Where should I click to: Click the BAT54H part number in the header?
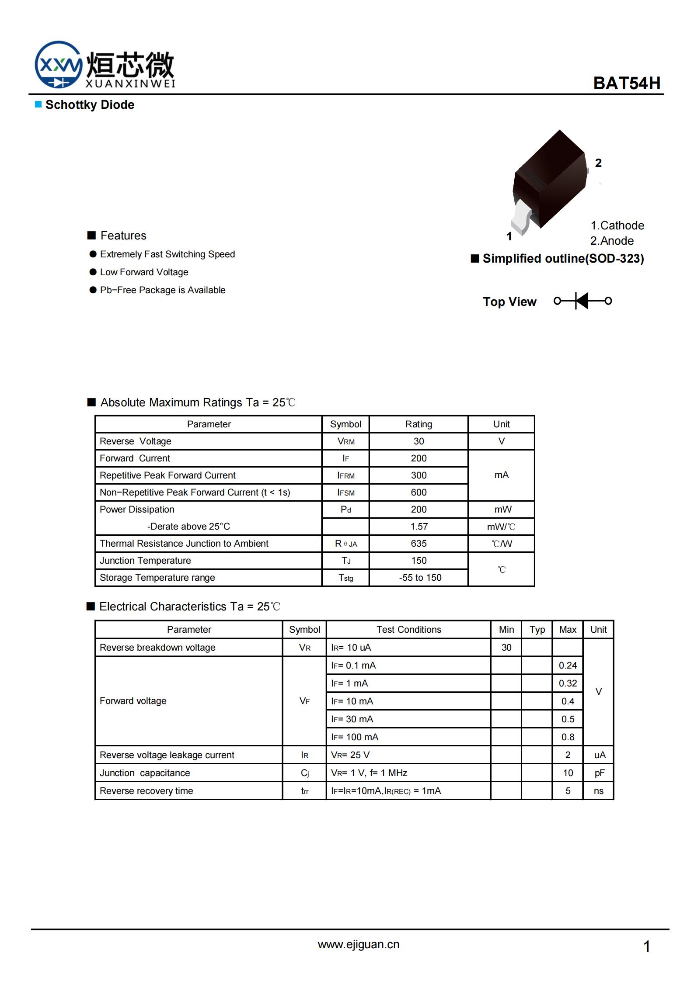coord(626,83)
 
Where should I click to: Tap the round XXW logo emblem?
coord(58,65)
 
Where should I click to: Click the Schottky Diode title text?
coord(90,105)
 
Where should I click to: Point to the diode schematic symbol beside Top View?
coord(582,301)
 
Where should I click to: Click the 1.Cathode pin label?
coord(617,225)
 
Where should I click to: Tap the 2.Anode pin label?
coord(612,241)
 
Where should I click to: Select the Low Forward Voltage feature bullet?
coord(144,272)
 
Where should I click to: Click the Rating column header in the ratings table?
coord(418,424)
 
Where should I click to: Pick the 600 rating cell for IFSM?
coord(418,492)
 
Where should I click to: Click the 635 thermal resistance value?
coord(418,544)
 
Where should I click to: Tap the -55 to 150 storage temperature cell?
coord(420,578)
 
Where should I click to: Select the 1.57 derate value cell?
coord(418,527)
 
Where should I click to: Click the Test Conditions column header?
coord(409,630)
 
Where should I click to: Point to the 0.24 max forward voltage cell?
coord(568,666)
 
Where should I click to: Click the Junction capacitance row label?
coord(145,773)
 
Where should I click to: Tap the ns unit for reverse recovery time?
coord(598,791)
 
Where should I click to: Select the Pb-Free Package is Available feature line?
coord(162,290)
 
